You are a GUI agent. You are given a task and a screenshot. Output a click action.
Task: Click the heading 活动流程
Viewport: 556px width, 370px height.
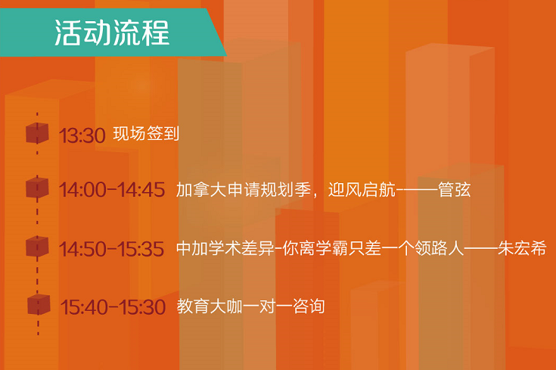coord(112,33)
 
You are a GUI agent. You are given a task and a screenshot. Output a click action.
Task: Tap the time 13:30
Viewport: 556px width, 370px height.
coord(82,135)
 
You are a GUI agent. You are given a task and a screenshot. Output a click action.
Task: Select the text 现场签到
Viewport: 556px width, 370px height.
coord(146,133)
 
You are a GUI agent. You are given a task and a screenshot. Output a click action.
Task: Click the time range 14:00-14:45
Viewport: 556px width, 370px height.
coord(112,190)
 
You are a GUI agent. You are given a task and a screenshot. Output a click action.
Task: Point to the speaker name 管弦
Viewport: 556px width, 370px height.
coord(454,189)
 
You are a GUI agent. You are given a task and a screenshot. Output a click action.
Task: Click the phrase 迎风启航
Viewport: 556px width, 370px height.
coord(362,189)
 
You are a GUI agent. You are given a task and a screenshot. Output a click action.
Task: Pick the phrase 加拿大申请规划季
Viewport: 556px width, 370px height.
coord(244,189)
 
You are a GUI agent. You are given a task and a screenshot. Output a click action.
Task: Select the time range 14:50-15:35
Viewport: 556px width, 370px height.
coord(112,249)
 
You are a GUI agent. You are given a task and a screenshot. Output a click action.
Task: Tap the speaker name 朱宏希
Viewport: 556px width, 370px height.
coord(522,248)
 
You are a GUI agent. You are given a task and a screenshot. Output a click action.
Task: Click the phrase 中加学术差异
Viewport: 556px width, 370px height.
coord(225,248)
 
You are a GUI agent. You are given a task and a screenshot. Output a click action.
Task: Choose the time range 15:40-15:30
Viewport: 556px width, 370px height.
coord(113,307)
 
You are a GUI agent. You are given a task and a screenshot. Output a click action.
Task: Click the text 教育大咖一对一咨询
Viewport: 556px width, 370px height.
coord(250,306)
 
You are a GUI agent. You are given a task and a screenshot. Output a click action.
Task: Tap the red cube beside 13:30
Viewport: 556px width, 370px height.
coord(37,133)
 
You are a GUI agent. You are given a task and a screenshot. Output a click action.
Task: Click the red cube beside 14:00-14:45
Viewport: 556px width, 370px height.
coord(37,188)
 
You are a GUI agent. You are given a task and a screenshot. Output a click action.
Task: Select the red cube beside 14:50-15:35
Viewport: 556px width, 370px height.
coord(37,246)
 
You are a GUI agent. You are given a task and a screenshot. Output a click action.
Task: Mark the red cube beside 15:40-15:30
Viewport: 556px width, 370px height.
coord(39,304)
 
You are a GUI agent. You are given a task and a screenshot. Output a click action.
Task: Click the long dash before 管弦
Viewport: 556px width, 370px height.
coord(417,190)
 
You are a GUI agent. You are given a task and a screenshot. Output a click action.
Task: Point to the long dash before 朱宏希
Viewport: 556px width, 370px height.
coord(480,248)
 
